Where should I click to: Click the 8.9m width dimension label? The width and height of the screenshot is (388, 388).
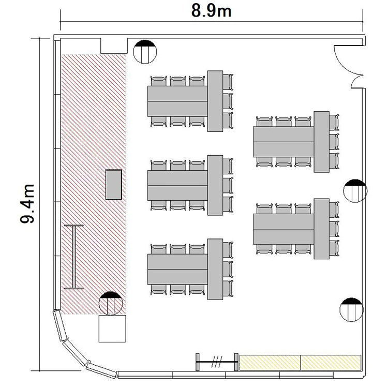pyautogui.click(x=211, y=11)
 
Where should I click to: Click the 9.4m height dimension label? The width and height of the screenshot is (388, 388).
pyautogui.click(x=27, y=204)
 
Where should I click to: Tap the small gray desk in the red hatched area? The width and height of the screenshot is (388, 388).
pyautogui.click(x=114, y=184)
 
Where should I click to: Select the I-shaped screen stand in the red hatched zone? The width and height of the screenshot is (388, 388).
pyautogui.click(x=74, y=257)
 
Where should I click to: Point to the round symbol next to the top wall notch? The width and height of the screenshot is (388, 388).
pyautogui.click(x=145, y=52)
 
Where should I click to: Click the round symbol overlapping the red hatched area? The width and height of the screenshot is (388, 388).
pyautogui.click(x=111, y=303)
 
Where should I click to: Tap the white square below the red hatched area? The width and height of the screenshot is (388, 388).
pyautogui.click(x=112, y=329)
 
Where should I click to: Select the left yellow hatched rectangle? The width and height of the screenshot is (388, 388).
pyautogui.click(x=270, y=363)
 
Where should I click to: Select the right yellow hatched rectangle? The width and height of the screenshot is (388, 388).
pyautogui.click(x=331, y=363)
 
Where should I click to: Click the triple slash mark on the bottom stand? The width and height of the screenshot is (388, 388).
pyautogui.click(x=217, y=362)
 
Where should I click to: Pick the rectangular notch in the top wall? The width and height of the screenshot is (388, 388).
pyautogui.click(x=114, y=46)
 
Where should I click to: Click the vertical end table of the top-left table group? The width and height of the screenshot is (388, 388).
pyautogui.click(x=215, y=101)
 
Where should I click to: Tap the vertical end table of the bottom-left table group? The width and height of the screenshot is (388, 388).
pyautogui.click(x=215, y=269)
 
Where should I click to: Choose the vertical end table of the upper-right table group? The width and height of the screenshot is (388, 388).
pyautogui.click(x=321, y=142)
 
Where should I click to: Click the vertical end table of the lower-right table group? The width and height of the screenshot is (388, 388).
pyautogui.click(x=321, y=229)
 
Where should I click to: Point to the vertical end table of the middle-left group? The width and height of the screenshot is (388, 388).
pyautogui.click(x=215, y=185)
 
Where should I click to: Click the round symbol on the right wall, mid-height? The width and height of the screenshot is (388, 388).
pyautogui.click(x=355, y=191)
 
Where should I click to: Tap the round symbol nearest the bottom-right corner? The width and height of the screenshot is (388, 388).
pyautogui.click(x=351, y=310)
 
